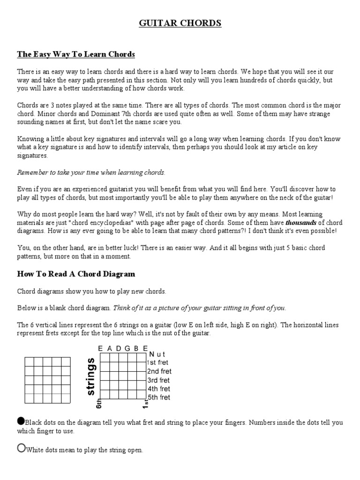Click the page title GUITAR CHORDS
(x=180, y=23)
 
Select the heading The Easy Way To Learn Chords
(x=76, y=55)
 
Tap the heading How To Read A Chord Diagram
(x=76, y=274)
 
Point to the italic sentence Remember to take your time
(x=91, y=172)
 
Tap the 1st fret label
(x=158, y=362)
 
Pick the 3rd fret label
(x=158, y=380)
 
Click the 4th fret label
(x=158, y=389)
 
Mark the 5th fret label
(x=158, y=397)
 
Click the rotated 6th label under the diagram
(x=99, y=404)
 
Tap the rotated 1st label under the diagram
(x=146, y=404)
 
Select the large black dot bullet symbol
(x=21, y=420)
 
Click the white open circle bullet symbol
(x=21, y=448)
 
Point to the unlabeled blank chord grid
(x=47, y=380)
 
